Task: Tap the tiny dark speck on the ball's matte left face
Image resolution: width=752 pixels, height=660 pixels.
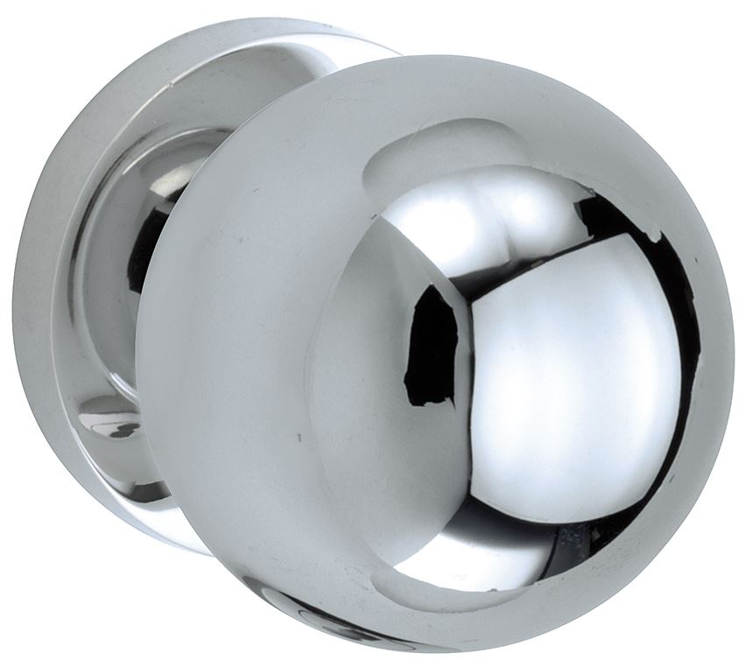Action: (299, 435)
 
